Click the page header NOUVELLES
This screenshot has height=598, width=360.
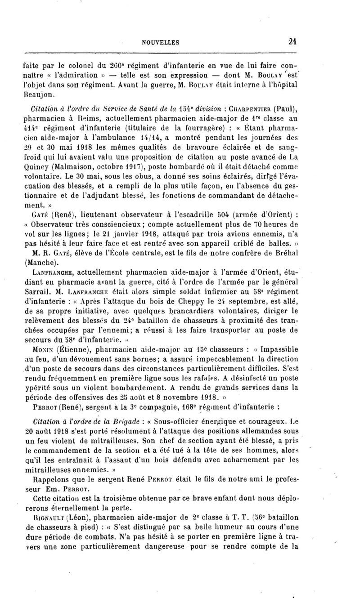[x=161, y=42]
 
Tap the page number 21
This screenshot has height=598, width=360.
[x=295, y=42]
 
